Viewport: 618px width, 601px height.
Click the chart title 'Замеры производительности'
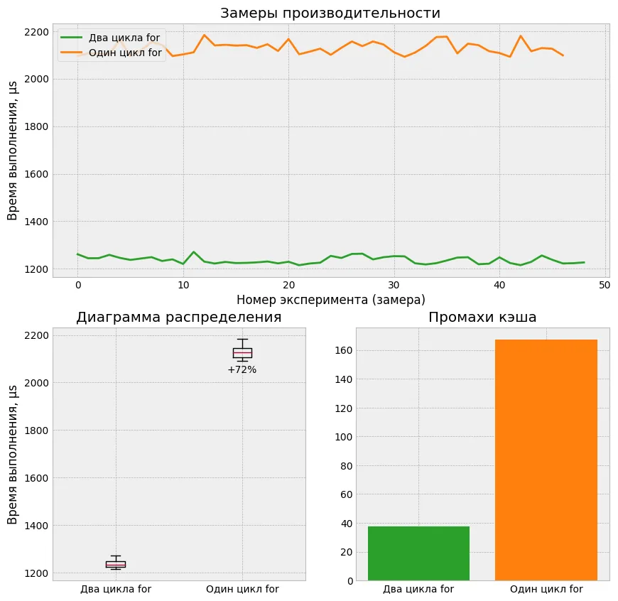click(330, 13)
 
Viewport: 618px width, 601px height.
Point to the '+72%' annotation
click(242, 369)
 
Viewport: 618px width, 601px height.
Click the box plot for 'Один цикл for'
click(242, 352)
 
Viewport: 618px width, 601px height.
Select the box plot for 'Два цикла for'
click(116, 564)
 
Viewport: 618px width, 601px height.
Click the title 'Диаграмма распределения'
click(178, 318)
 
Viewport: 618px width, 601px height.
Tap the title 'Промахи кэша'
click(482, 318)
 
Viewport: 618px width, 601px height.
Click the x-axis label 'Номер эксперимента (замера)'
click(330, 300)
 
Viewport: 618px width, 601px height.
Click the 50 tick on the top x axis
click(605, 285)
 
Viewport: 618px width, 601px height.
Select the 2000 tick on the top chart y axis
click(36, 80)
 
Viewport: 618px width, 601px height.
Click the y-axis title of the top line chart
click(13, 150)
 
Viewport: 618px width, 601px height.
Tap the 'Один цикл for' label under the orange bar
click(546, 589)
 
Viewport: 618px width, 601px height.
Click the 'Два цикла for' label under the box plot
click(116, 589)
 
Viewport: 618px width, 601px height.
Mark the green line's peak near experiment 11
click(194, 252)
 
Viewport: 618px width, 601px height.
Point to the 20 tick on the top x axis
click(288, 285)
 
